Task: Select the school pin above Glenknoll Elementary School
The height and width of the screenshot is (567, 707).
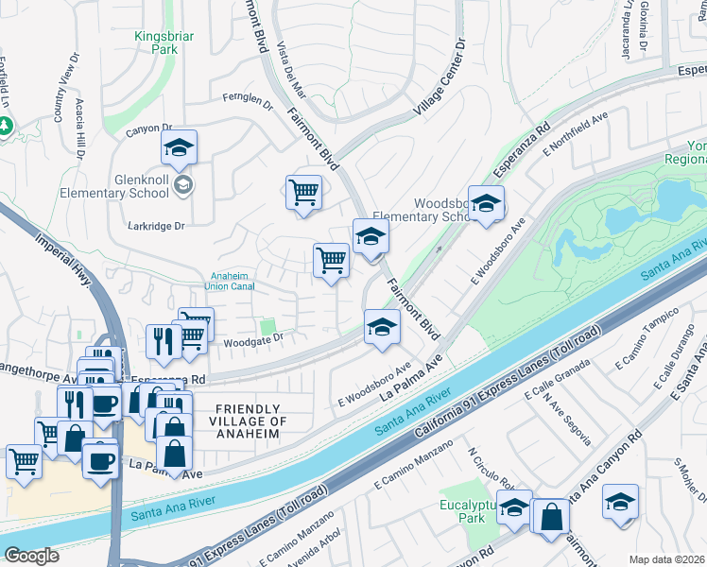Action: [x=179, y=149]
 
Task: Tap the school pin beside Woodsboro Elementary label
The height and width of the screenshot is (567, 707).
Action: [x=486, y=204]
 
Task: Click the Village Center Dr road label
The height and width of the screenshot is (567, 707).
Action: [x=440, y=79]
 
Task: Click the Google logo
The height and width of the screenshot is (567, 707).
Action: [x=32, y=555]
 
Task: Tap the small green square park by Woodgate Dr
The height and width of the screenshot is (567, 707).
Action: [x=268, y=327]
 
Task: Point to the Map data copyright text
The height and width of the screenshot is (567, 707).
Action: [x=667, y=559]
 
